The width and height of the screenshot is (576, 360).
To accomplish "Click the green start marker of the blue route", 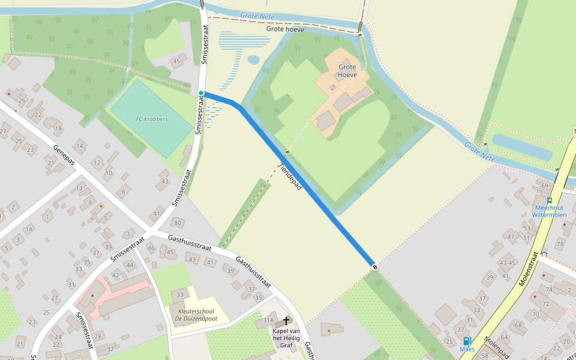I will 201,93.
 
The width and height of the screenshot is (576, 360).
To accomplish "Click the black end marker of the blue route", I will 374,266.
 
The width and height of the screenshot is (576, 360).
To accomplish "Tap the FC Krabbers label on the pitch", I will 152,119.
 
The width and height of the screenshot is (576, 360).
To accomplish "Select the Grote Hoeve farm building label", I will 347,71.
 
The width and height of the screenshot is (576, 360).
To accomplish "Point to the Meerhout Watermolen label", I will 549,211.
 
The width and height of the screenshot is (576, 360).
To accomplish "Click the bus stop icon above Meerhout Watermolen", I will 550,200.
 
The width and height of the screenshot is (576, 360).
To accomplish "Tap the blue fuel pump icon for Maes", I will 467,341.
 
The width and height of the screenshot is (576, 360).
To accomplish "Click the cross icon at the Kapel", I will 286,321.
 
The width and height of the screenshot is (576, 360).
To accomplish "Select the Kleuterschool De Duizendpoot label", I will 196,315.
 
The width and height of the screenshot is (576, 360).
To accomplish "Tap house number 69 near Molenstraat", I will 545,186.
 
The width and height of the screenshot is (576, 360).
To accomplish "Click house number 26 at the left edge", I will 22,100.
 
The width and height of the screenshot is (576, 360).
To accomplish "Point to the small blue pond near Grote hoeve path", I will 254,60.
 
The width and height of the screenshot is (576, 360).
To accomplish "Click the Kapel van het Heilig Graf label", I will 286,335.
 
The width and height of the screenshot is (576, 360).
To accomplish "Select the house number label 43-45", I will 507,263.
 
